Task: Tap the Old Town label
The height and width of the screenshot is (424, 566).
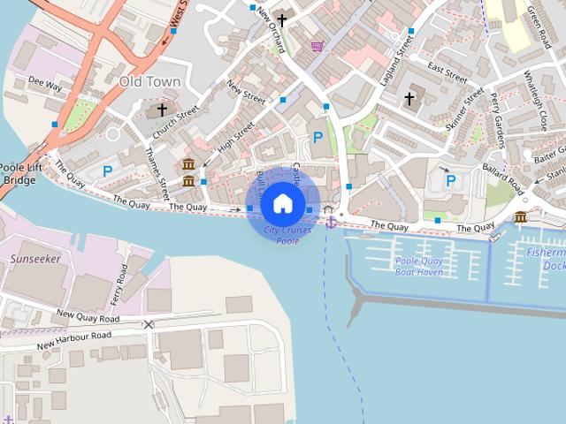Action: click(x=149, y=82)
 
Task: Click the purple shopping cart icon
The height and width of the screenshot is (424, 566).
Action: click(x=317, y=45)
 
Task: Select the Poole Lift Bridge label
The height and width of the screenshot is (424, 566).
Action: click(x=17, y=174)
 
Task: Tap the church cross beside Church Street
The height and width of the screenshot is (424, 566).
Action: click(x=162, y=110)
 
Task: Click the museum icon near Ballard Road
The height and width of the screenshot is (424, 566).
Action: click(x=520, y=217)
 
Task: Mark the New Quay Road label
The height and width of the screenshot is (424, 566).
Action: click(x=87, y=315)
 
